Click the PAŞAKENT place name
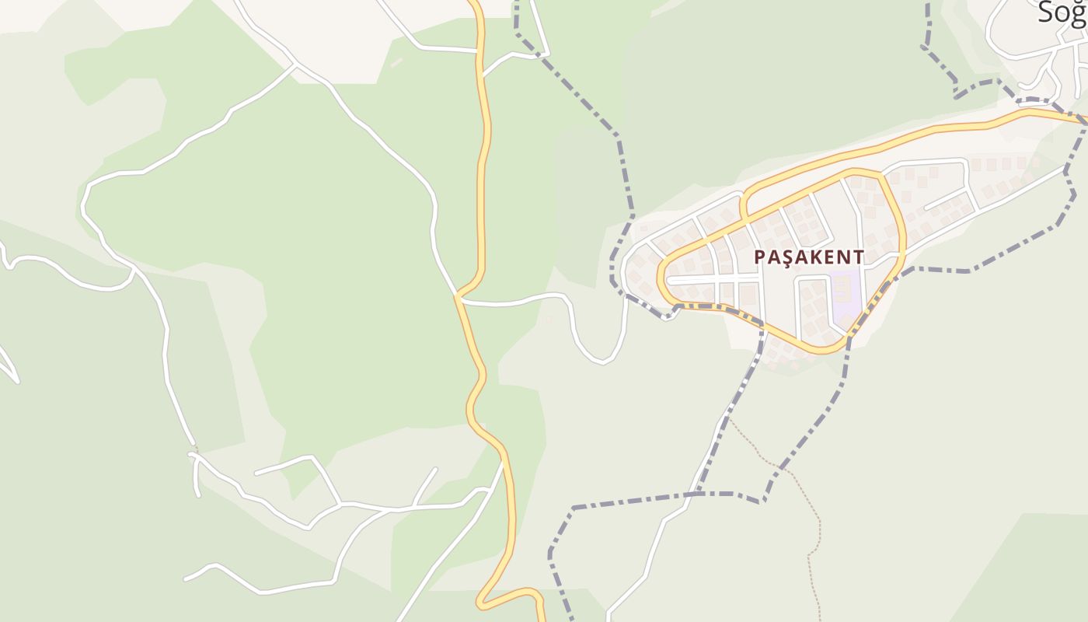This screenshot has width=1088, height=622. pos(808,257)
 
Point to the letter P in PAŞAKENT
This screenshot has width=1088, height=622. pos(760,257)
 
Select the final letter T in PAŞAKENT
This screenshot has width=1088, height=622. pos(857,257)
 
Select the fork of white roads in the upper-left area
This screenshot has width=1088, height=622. pos(295,66)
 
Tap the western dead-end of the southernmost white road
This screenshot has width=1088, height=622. pos(186,579)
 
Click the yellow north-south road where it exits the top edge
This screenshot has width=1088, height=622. pos(474,3)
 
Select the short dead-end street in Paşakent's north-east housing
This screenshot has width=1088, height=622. pos(947,200)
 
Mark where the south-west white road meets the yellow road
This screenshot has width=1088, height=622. pos(503,462)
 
